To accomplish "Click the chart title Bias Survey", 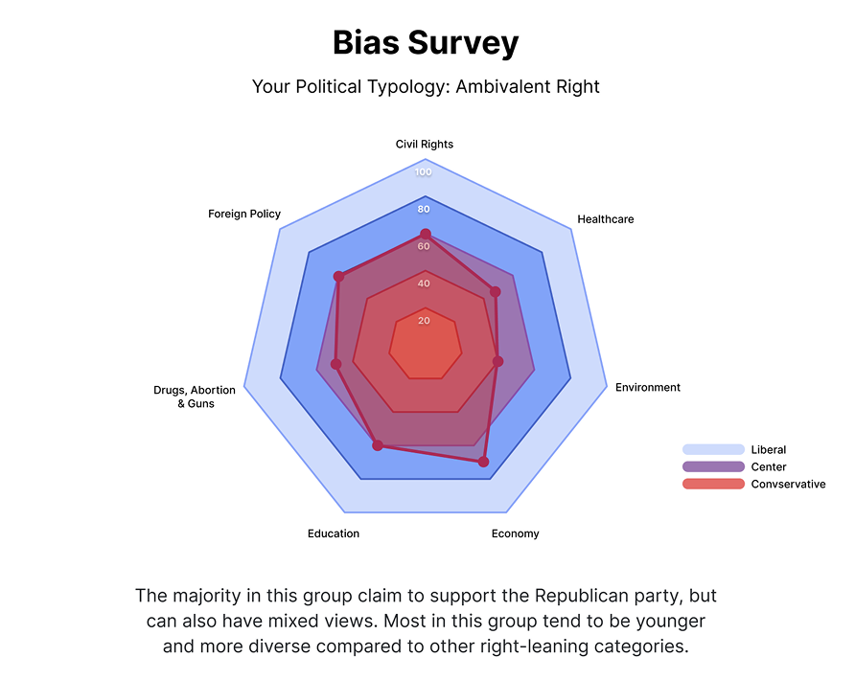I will pos(426,43).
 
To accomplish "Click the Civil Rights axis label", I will pos(425,145).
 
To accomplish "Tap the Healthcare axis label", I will pos(605,219).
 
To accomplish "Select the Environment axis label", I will pos(648,388).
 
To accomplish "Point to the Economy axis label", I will pos(515,533).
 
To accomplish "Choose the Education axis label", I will pos(334,533).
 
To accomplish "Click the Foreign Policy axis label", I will pos(244,214).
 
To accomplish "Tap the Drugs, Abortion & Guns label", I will pos(195,397).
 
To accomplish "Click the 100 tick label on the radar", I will pos(424,172).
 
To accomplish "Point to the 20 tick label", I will pos(424,321).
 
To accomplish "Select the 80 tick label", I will pos(424,210).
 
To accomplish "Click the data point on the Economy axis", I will pos(483,462).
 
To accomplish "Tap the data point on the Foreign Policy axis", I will pos(338,277).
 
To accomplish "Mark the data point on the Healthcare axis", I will pos(496,291).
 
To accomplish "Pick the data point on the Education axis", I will pos(378,445).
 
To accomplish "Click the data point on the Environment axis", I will pos(498,362).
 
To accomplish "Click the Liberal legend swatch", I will pos(713,450).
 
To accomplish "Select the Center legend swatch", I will pos(713,467).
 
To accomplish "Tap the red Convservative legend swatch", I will pos(713,485).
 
